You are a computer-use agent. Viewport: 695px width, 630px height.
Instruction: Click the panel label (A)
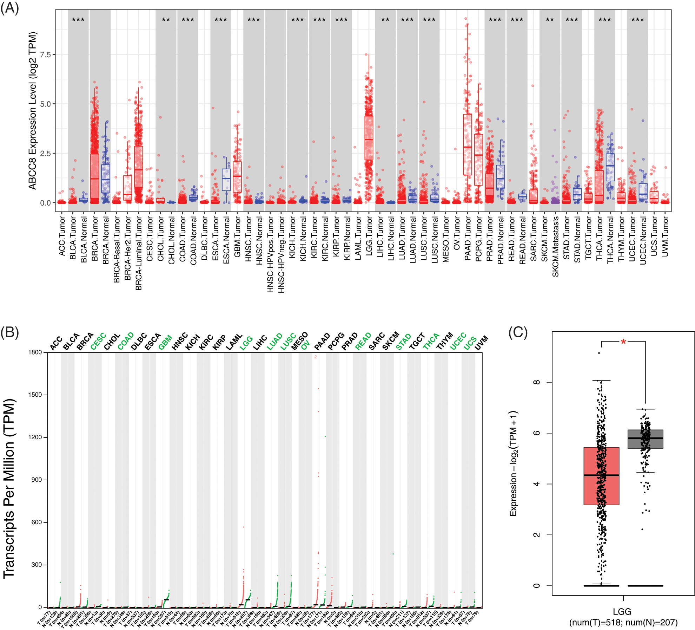(x=9, y=8)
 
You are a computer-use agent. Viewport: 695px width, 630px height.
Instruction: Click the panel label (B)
(x=9, y=332)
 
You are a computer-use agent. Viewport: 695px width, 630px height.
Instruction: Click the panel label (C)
(x=518, y=332)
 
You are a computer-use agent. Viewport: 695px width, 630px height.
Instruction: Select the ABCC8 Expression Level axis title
(x=33, y=111)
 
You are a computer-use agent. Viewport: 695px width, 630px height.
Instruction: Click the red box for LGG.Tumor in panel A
(x=369, y=138)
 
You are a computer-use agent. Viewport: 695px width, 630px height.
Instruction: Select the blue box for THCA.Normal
(x=610, y=167)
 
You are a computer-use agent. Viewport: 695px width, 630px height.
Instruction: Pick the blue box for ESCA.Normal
(x=226, y=180)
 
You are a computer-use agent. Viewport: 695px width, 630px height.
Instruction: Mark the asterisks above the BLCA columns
(x=78, y=20)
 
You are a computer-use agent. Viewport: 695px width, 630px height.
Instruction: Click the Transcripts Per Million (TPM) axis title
(x=9, y=488)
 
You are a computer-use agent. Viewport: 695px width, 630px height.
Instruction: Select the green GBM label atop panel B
(x=165, y=342)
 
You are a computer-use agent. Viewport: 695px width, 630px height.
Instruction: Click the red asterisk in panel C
(x=623, y=342)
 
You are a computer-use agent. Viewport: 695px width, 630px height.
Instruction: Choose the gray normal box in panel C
(x=645, y=439)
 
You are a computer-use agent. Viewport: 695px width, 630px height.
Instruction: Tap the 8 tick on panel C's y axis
(x=537, y=382)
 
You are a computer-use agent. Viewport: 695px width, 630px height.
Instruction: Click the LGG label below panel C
(x=622, y=612)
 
